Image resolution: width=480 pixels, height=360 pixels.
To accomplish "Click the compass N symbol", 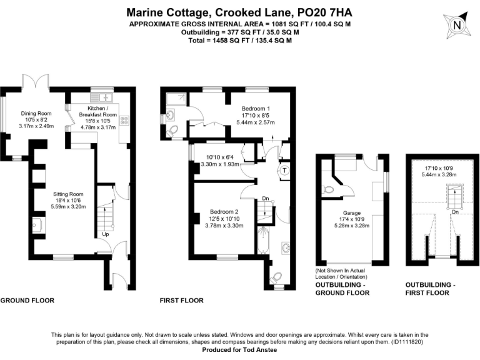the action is click(456, 25).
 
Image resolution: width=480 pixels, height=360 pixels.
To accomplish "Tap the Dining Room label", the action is click(36, 114).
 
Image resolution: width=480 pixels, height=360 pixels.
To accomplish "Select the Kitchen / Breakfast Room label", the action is click(98, 111).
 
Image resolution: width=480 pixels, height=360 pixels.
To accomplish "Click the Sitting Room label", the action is click(68, 194).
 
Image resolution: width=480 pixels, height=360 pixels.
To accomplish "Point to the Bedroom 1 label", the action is click(256, 108).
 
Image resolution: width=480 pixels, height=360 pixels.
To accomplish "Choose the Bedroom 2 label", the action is click(224, 211).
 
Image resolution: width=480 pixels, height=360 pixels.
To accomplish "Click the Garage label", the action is click(352, 212).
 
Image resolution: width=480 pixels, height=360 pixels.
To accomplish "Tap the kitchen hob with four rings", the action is click(124, 120).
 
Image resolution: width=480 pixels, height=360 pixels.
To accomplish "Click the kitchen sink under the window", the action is click(102, 97).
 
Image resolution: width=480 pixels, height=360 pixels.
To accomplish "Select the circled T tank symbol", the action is click(284, 170).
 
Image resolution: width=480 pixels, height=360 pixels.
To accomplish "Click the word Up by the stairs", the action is click(105, 234).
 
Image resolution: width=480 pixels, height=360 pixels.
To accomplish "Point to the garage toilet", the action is click(327, 189).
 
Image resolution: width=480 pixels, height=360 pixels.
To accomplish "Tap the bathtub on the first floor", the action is click(263, 240).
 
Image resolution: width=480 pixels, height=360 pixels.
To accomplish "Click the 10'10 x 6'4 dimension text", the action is click(220, 157).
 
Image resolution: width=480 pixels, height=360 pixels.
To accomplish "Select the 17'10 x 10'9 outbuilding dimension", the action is click(439, 168).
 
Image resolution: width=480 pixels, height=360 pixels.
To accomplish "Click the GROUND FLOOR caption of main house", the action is click(27, 301).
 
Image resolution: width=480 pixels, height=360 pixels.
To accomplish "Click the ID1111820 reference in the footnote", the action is click(406, 342).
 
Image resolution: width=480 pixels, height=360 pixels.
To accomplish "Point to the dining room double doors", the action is click(36, 82).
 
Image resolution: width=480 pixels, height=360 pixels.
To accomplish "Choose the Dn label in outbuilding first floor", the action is click(455, 212).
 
